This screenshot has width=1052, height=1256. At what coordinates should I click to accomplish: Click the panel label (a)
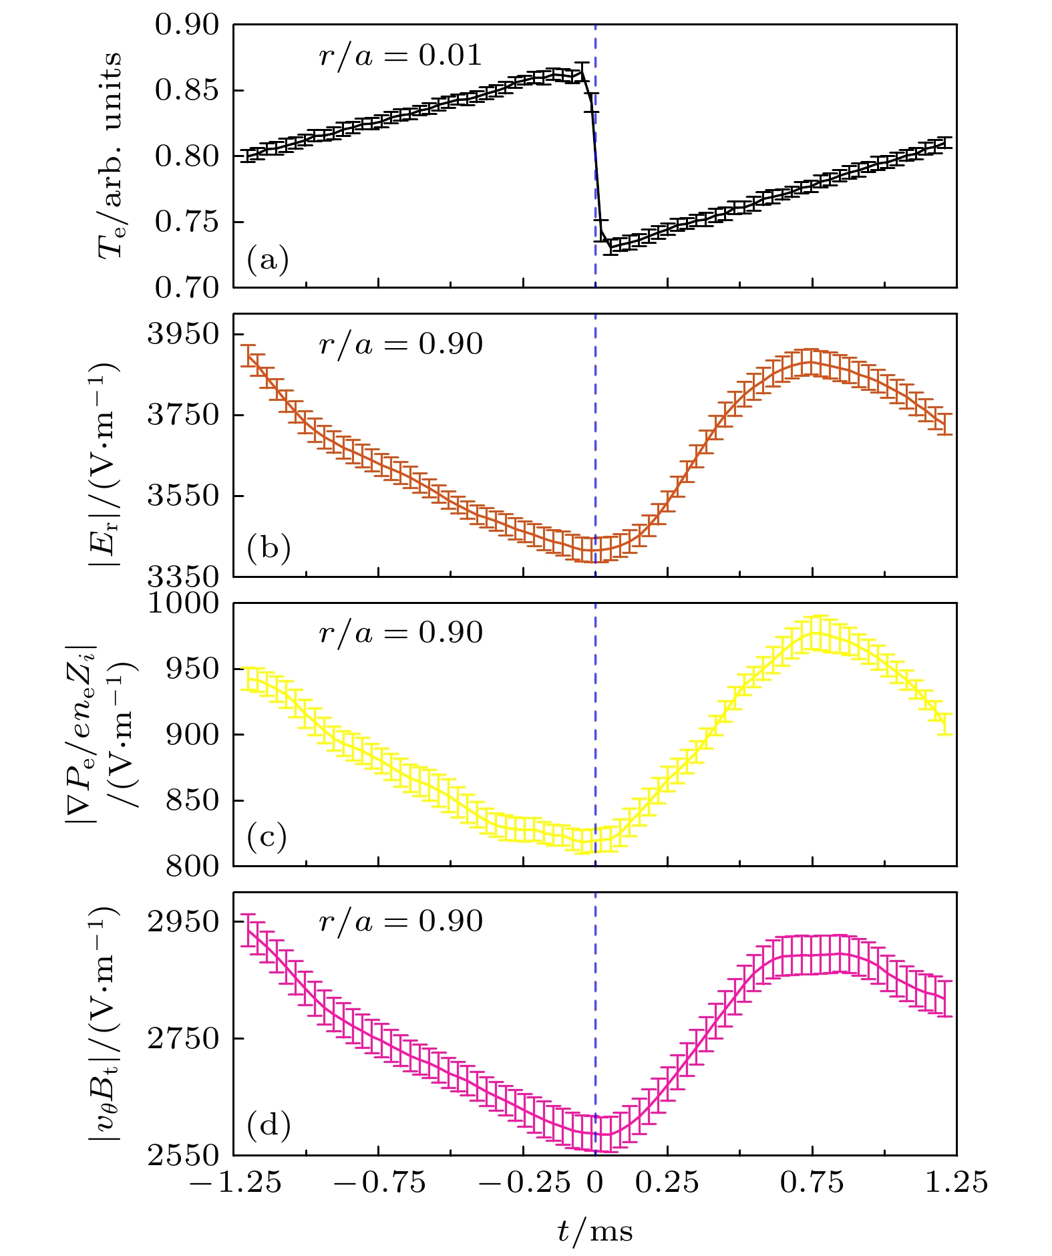[x=268, y=259]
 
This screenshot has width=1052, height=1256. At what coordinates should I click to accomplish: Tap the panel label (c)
[x=267, y=836]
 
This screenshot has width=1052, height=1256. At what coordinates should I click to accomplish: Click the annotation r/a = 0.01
[x=400, y=55]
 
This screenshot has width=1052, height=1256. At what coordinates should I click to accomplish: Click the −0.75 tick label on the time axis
[x=379, y=1183]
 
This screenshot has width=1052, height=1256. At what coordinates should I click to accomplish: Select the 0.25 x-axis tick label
[x=667, y=1183]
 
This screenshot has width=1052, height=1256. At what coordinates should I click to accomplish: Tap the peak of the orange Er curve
[x=811, y=362]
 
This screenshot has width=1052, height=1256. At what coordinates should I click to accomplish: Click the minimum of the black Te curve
[x=610, y=247]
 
